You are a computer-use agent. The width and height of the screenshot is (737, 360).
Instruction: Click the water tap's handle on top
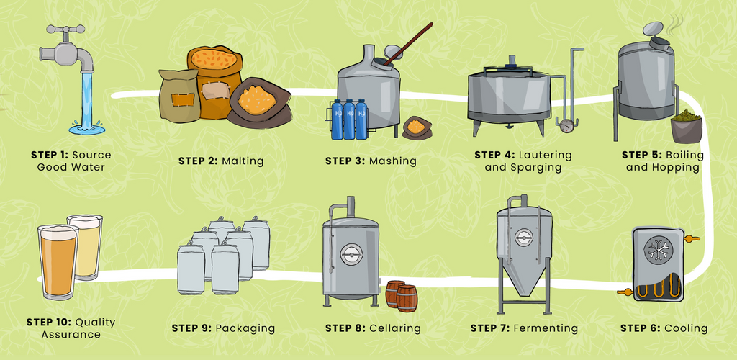[x=65, y=29]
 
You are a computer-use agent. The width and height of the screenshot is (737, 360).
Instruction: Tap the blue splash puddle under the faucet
[x=87, y=127]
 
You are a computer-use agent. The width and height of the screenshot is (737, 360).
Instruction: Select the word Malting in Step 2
[x=243, y=161]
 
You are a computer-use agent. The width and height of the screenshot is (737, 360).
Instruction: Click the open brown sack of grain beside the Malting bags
[x=258, y=102]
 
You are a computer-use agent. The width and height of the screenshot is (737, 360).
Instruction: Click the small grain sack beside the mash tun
[x=417, y=127]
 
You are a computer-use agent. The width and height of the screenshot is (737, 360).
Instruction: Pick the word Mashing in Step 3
[x=392, y=161]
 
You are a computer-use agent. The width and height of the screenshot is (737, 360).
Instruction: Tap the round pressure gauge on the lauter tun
[x=567, y=126]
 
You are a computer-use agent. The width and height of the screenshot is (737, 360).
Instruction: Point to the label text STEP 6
[x=641, y=328]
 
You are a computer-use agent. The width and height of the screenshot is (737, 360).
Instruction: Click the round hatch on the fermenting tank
[x=523, y=238]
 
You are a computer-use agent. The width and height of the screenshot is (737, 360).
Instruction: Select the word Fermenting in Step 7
[x=546, y=328]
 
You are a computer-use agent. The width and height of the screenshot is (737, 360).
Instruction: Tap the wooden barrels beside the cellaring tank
[x=402, y=296]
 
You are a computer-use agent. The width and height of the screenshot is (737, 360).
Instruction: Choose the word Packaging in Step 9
[x=245, y=328]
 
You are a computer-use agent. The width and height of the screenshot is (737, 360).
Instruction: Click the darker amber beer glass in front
[x=58, y=261]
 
